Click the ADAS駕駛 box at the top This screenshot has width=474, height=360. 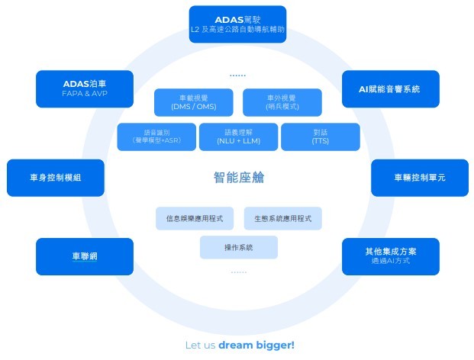pos(237,24)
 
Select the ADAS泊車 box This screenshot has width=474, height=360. pos(85,88)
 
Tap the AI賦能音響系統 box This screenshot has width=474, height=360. pos(390,88)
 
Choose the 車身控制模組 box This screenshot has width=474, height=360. pos(55,177)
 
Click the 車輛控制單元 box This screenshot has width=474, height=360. pos(419,177)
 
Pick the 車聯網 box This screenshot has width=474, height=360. pos(85,256)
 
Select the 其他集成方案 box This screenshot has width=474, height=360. pos(390,256)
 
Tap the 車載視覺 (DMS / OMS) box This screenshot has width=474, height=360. pos(193,103)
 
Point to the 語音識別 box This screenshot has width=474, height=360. pos(156,137)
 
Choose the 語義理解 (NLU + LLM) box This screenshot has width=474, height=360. pos(238,137)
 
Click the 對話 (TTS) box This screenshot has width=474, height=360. pos(321,137)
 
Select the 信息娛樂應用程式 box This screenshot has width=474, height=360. pos(195,219)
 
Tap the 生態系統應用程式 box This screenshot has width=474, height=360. pos(283,219)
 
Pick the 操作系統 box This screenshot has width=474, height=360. pos(238,248)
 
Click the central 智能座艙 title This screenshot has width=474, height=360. pos(238,178)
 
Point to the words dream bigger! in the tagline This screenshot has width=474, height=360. pos(256,346)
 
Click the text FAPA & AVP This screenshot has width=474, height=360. pos(85,95)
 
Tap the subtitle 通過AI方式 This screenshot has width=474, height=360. pos(390,263)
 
